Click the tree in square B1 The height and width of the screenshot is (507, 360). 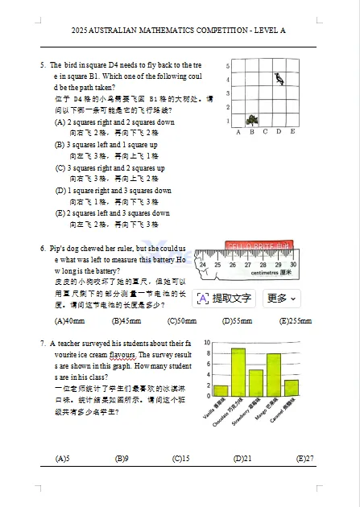coord(252,119)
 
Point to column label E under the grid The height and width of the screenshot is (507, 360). coord(292,132)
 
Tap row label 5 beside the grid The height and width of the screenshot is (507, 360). coord(230,66)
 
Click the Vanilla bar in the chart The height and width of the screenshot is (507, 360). coord(220,390)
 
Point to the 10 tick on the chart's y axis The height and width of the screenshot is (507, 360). coord(208,343)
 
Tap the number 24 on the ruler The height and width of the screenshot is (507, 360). coord(203,265)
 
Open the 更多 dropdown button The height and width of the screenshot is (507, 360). coord(281,299)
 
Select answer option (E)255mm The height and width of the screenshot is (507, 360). coord(296,320)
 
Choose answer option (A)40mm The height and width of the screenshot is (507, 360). coord(69,320)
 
